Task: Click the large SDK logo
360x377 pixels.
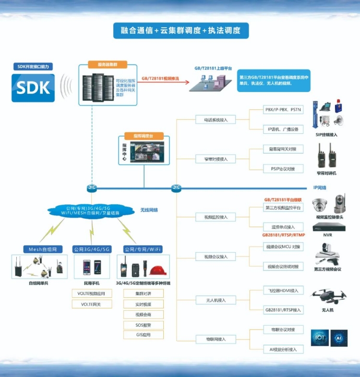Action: tap(33, 87)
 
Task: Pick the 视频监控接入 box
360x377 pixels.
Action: tap(212, 217)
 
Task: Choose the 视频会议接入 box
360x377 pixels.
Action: tap(212, 257)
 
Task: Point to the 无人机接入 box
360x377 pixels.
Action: tap(212, 300)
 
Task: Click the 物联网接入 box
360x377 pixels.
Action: tap(212, 339)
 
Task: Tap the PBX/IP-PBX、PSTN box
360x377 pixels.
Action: tap(283, 110)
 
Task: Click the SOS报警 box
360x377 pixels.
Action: tap(143, 325)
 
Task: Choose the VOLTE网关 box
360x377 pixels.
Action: tap(92, 304)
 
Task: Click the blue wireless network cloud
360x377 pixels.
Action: tap(90, 211)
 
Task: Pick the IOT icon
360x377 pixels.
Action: tap(320, 338)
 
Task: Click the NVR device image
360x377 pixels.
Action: tap(327, 227)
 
